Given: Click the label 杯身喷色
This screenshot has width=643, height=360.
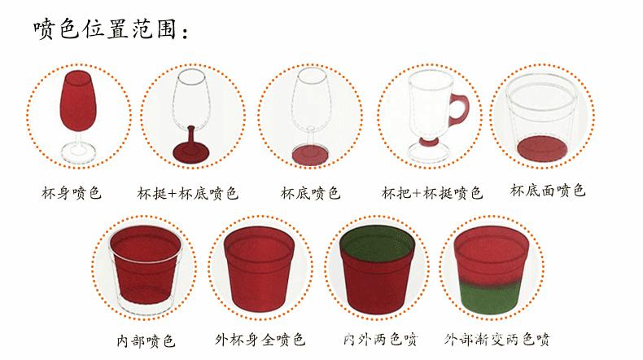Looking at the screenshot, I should (x=72, y=194).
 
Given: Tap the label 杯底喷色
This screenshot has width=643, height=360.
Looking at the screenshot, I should (x=310, y=194).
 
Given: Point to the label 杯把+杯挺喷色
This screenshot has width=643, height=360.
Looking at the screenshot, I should (x=432, y=194).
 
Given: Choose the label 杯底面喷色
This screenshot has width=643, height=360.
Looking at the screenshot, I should (x=548, y=191).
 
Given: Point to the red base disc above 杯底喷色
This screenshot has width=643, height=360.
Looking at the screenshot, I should (x=308, y=152).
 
